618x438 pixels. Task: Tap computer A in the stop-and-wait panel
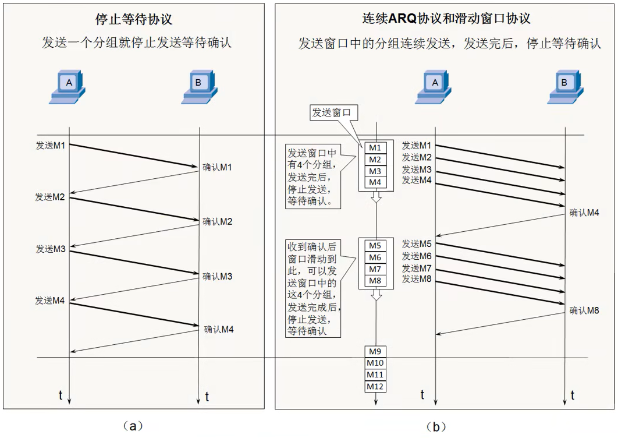68,87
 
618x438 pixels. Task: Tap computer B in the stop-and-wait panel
198,87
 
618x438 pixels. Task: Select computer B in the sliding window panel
564,87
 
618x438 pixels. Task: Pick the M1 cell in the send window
376,147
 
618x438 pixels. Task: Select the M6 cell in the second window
376,257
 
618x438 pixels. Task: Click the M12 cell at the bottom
376,386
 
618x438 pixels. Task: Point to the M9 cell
376,351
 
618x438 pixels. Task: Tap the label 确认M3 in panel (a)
218,276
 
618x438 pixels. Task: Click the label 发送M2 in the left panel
50,197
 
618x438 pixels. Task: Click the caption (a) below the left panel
133,426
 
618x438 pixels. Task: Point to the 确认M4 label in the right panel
584,213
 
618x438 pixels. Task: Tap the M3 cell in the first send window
376,171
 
